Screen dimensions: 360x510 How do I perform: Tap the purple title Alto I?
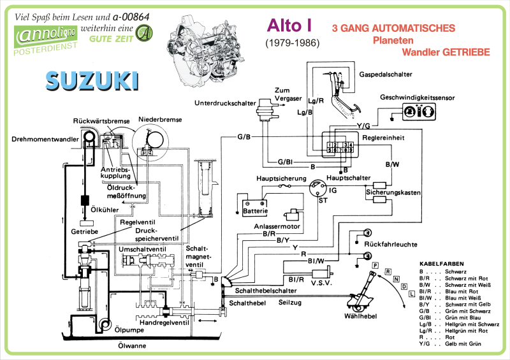tap(289, 25)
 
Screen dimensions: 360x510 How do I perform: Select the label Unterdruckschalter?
tap(225, 102)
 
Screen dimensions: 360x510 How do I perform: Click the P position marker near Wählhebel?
tap(376, 264)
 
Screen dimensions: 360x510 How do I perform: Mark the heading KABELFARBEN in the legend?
tap(441, 263)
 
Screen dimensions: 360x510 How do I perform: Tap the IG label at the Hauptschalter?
tap(332, 190)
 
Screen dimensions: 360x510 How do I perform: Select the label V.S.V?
tap(326, 284)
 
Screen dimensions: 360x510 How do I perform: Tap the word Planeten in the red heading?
tap(393, 40)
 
